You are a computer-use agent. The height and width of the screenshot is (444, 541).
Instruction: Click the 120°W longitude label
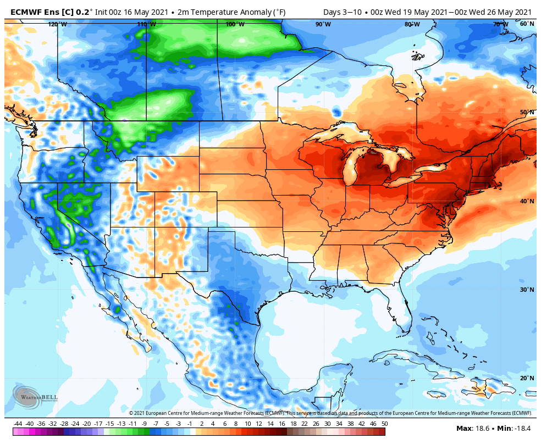tap(57, 24)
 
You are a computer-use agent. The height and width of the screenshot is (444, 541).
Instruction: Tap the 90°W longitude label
tap(323, 24)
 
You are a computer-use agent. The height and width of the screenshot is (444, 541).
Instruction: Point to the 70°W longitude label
tap(500, 24)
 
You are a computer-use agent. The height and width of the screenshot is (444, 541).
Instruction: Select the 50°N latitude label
tap(527, 113)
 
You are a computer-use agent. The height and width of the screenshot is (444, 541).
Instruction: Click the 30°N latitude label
tap(527, 290)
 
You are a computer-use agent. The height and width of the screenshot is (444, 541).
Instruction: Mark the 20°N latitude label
tap(527, 378)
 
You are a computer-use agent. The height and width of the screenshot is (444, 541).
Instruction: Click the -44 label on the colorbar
tap(18, 424)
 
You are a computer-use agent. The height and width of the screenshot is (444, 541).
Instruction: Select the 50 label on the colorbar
tap(384, 424)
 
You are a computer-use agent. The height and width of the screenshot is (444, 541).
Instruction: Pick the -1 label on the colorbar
tap(190, 424)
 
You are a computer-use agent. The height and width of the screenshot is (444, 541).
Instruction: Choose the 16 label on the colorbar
tap(281, 424)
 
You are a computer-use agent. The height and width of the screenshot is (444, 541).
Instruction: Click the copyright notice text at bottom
tap(330, 413)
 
